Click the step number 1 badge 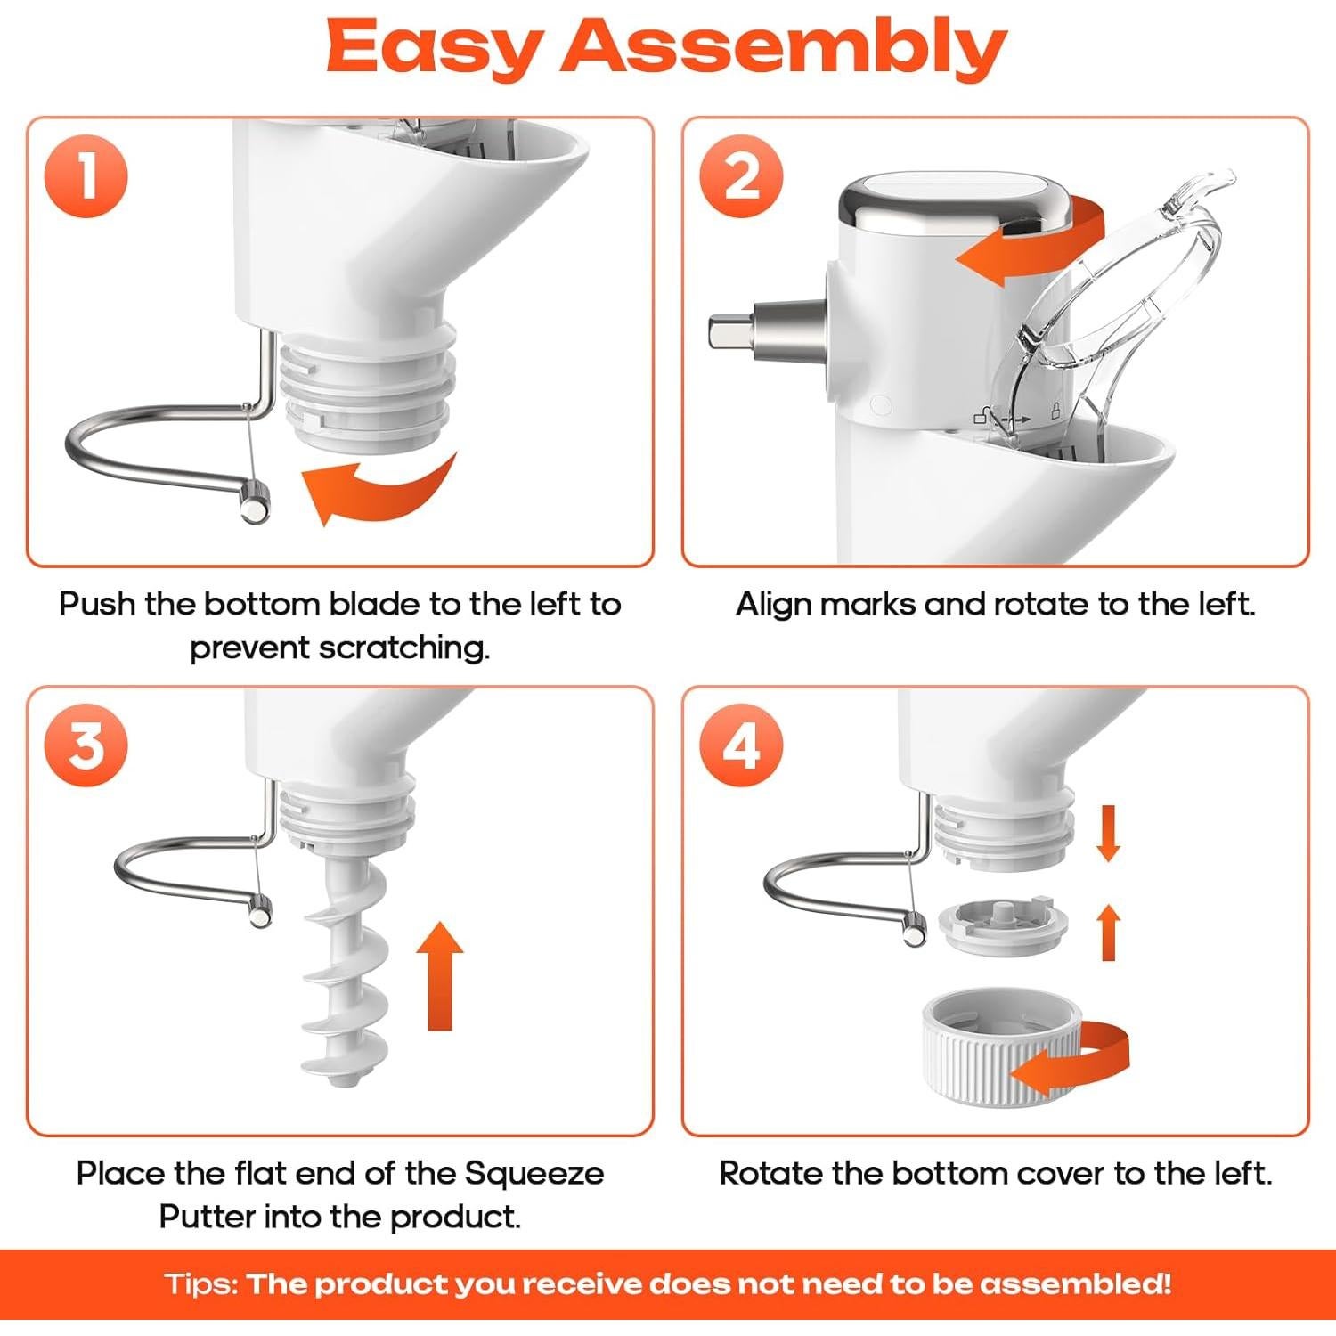[x=86, y=175]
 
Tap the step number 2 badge [x=741, y=175]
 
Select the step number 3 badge [x=86, y=745]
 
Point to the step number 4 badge [x=741, y=745]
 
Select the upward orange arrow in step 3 [x=440, y=976]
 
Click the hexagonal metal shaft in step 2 [x=766, y=331]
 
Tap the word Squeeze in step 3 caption [x=535, y=1173]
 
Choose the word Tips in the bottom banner [x=201, y=1284]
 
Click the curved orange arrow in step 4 [x=1069, y=1060]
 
